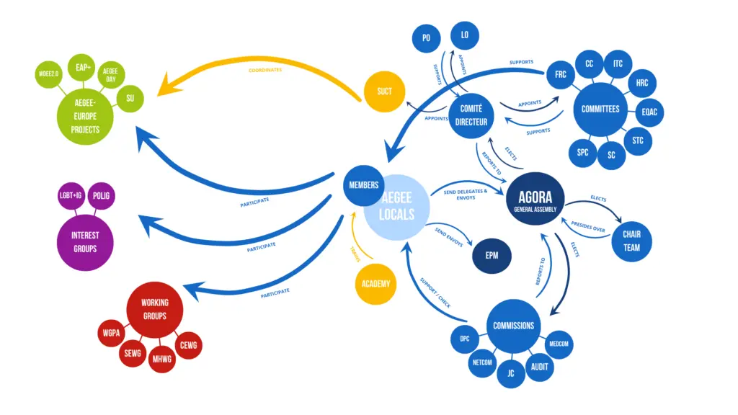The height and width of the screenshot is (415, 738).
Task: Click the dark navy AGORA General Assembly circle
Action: point(534,199)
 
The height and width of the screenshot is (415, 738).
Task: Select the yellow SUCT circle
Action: point(384,91)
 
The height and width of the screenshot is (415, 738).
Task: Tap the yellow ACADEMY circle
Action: point(375,283)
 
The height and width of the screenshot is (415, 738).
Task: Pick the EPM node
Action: point(492,255)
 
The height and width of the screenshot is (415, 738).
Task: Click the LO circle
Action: point(465,35)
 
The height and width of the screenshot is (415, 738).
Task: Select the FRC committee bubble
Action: point(559,75)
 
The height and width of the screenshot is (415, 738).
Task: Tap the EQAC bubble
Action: point(649,112)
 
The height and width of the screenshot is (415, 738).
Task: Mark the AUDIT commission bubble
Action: point(539,367)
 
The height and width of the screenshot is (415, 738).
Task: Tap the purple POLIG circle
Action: point(101,195)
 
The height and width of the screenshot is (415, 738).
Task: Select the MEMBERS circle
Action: point(363,185)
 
